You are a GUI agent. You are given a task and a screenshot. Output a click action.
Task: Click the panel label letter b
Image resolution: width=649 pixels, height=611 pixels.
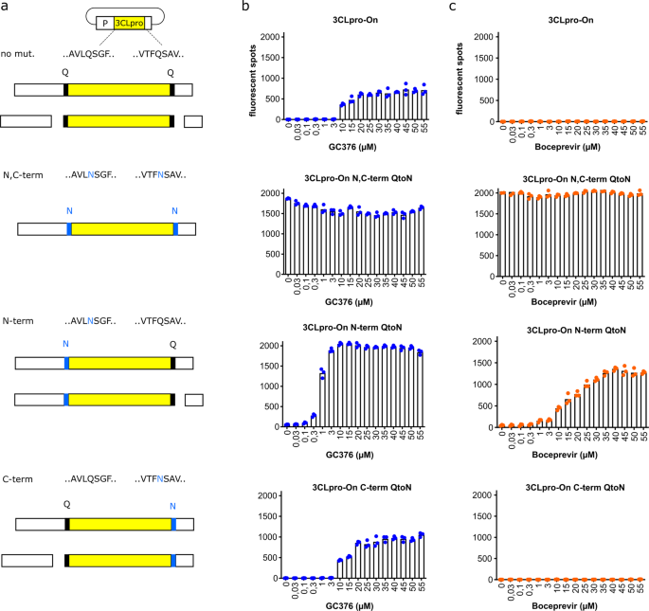coord(246,9)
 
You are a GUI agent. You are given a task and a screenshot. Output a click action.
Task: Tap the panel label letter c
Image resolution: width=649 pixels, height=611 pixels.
coord(452,9)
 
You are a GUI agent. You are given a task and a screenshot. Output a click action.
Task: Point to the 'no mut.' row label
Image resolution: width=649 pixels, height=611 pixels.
coord(20,56)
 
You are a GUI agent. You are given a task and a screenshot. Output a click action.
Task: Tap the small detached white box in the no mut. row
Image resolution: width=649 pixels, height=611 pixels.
coord(192,121)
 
